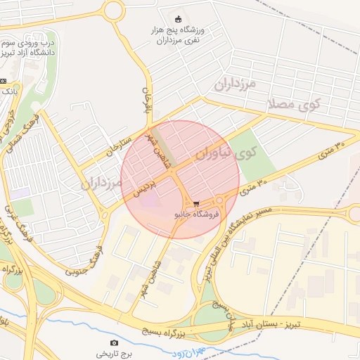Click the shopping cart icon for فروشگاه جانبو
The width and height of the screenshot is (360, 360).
(x=196, y=202)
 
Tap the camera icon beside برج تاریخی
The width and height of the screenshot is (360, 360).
(x=94, y=344)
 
